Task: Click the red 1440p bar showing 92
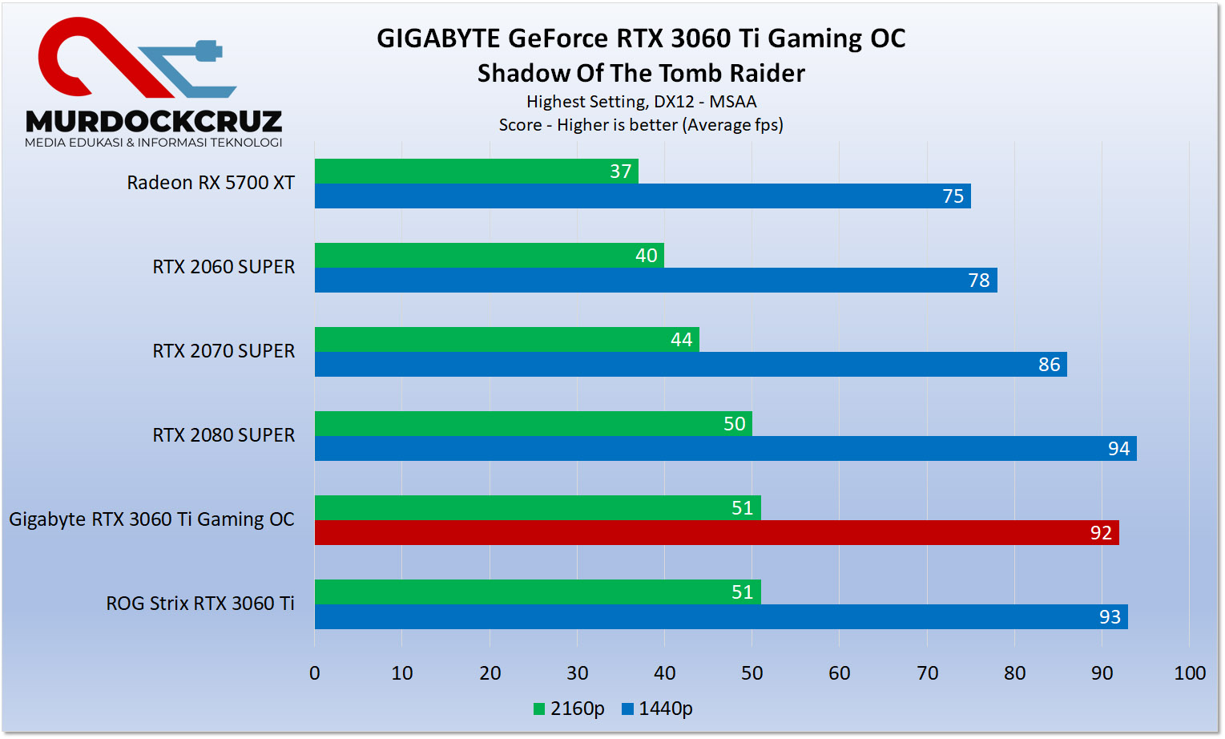coord(716,532)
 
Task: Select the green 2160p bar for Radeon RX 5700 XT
coord(476,172)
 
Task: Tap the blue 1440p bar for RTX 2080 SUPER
coord(725,448)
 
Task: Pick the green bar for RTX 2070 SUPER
coord(506,340)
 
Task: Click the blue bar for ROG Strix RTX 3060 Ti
coord(721,616)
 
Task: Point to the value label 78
coord(978,281)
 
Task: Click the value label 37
coord(620,172)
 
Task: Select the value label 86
coord(1049,365)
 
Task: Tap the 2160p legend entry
coord(569,709)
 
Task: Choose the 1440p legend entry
coord(657,709)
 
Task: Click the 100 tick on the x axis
coord(1189,673)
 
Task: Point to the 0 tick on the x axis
coord(315,673)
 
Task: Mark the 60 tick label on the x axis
coord(839,673)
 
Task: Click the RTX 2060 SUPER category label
coord(224,267)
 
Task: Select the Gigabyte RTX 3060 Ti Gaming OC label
coord(151,519)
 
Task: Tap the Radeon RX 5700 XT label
coord(211,183)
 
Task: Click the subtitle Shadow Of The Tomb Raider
coord(641,73)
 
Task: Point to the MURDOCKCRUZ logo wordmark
coord(154,121)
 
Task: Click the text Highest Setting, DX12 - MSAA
coord(641,102)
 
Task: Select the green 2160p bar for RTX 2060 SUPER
coord(489,256)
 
